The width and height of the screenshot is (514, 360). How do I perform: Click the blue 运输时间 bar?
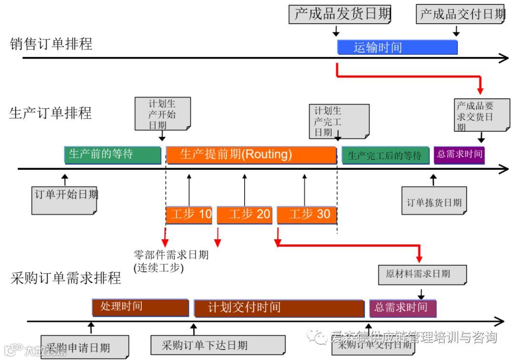(397, 48)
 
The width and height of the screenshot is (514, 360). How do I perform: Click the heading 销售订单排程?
(51, 44)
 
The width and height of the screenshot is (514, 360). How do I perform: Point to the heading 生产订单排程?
(50, 113)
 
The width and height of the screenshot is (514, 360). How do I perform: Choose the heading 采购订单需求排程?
(66, 278)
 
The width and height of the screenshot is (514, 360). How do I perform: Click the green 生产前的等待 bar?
(113, 155)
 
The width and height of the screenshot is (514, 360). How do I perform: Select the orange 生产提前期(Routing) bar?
(251, 155)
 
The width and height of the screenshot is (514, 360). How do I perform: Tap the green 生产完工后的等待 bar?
(385, 156)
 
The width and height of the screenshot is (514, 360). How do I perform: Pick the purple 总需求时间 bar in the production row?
(459, 155)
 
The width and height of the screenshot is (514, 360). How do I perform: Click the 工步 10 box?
(189, 215)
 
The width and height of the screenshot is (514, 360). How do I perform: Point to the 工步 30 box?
(306, 215)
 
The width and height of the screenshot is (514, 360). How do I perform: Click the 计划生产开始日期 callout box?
(162, 114)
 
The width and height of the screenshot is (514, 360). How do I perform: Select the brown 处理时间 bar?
(140, 307)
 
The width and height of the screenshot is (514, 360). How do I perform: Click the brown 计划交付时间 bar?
(279, 308)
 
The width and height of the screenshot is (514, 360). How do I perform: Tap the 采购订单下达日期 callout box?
(217, 345)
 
